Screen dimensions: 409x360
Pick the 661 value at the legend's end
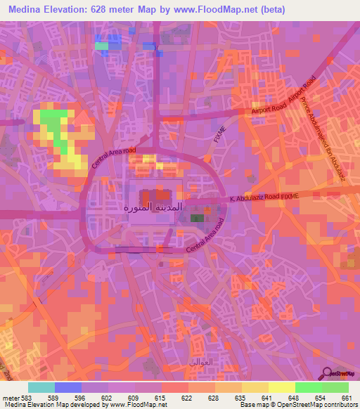(345, 398)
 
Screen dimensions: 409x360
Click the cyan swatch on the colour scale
(41, 387)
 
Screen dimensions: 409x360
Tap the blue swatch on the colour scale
(68, 387)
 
